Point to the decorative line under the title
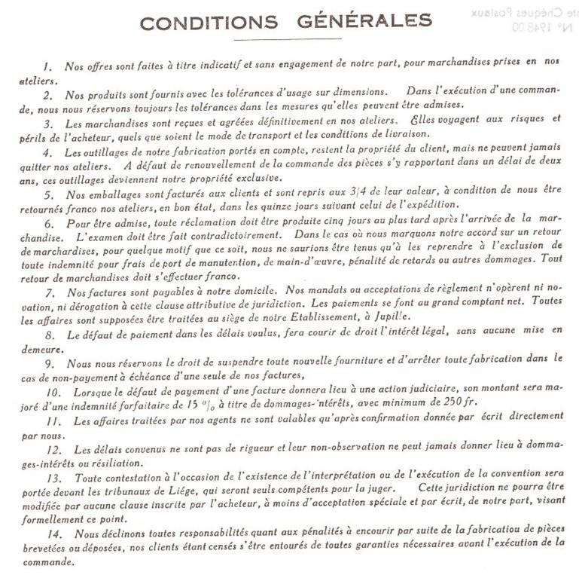click(x=288, y=39)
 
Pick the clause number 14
click(x=52, y=535)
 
